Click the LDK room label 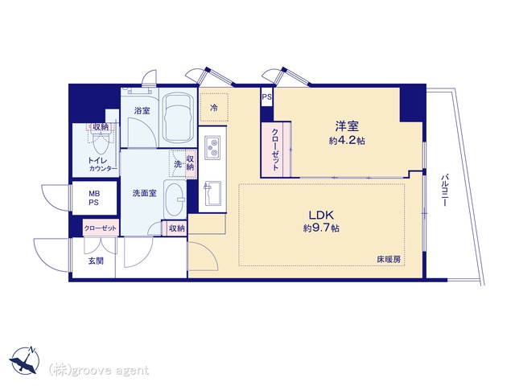pyautogui.click(x=321, y=216)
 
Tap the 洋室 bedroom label pyautogui.click(x=347, y=126)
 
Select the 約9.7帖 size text pyautogui.click(x=321, y=228)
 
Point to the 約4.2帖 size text pyautogui.click(x=347, y=141)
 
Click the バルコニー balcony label pyautogui.click(x=444, y=191)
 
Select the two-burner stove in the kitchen pyautogui.click(x=212, y=148)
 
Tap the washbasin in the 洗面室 pyautogui.click(x=175, y=199)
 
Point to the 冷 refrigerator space pyautogui.click(x=214, y=107)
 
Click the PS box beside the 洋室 pyautogui.click(x=266, y=97)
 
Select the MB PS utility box pyautogui.click(x=94, y=199)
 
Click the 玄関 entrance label pyautogui.click(x=96, y=261)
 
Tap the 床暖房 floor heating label pyautogui.click(x=389, y=259)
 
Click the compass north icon pyautogui.click(x=25, y=360)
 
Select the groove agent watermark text pyautogui.click(x=99, y=371)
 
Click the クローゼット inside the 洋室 pyautogui.click(x=275, y=150)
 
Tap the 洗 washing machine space pyautogui.click(x=177, y=164)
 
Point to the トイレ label pyautogui.click(x=97, y=161)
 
